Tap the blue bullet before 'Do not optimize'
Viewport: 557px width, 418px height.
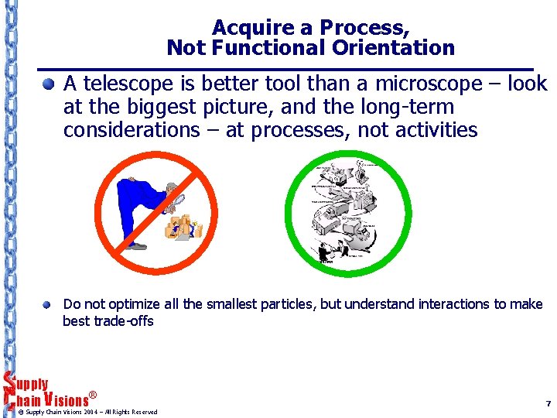(x=49, y=304)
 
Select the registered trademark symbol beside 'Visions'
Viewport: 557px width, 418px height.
(x=93, y=396)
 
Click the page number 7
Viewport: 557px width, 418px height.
(x=548, y=404)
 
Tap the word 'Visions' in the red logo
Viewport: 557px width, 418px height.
(x=65, y=399)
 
